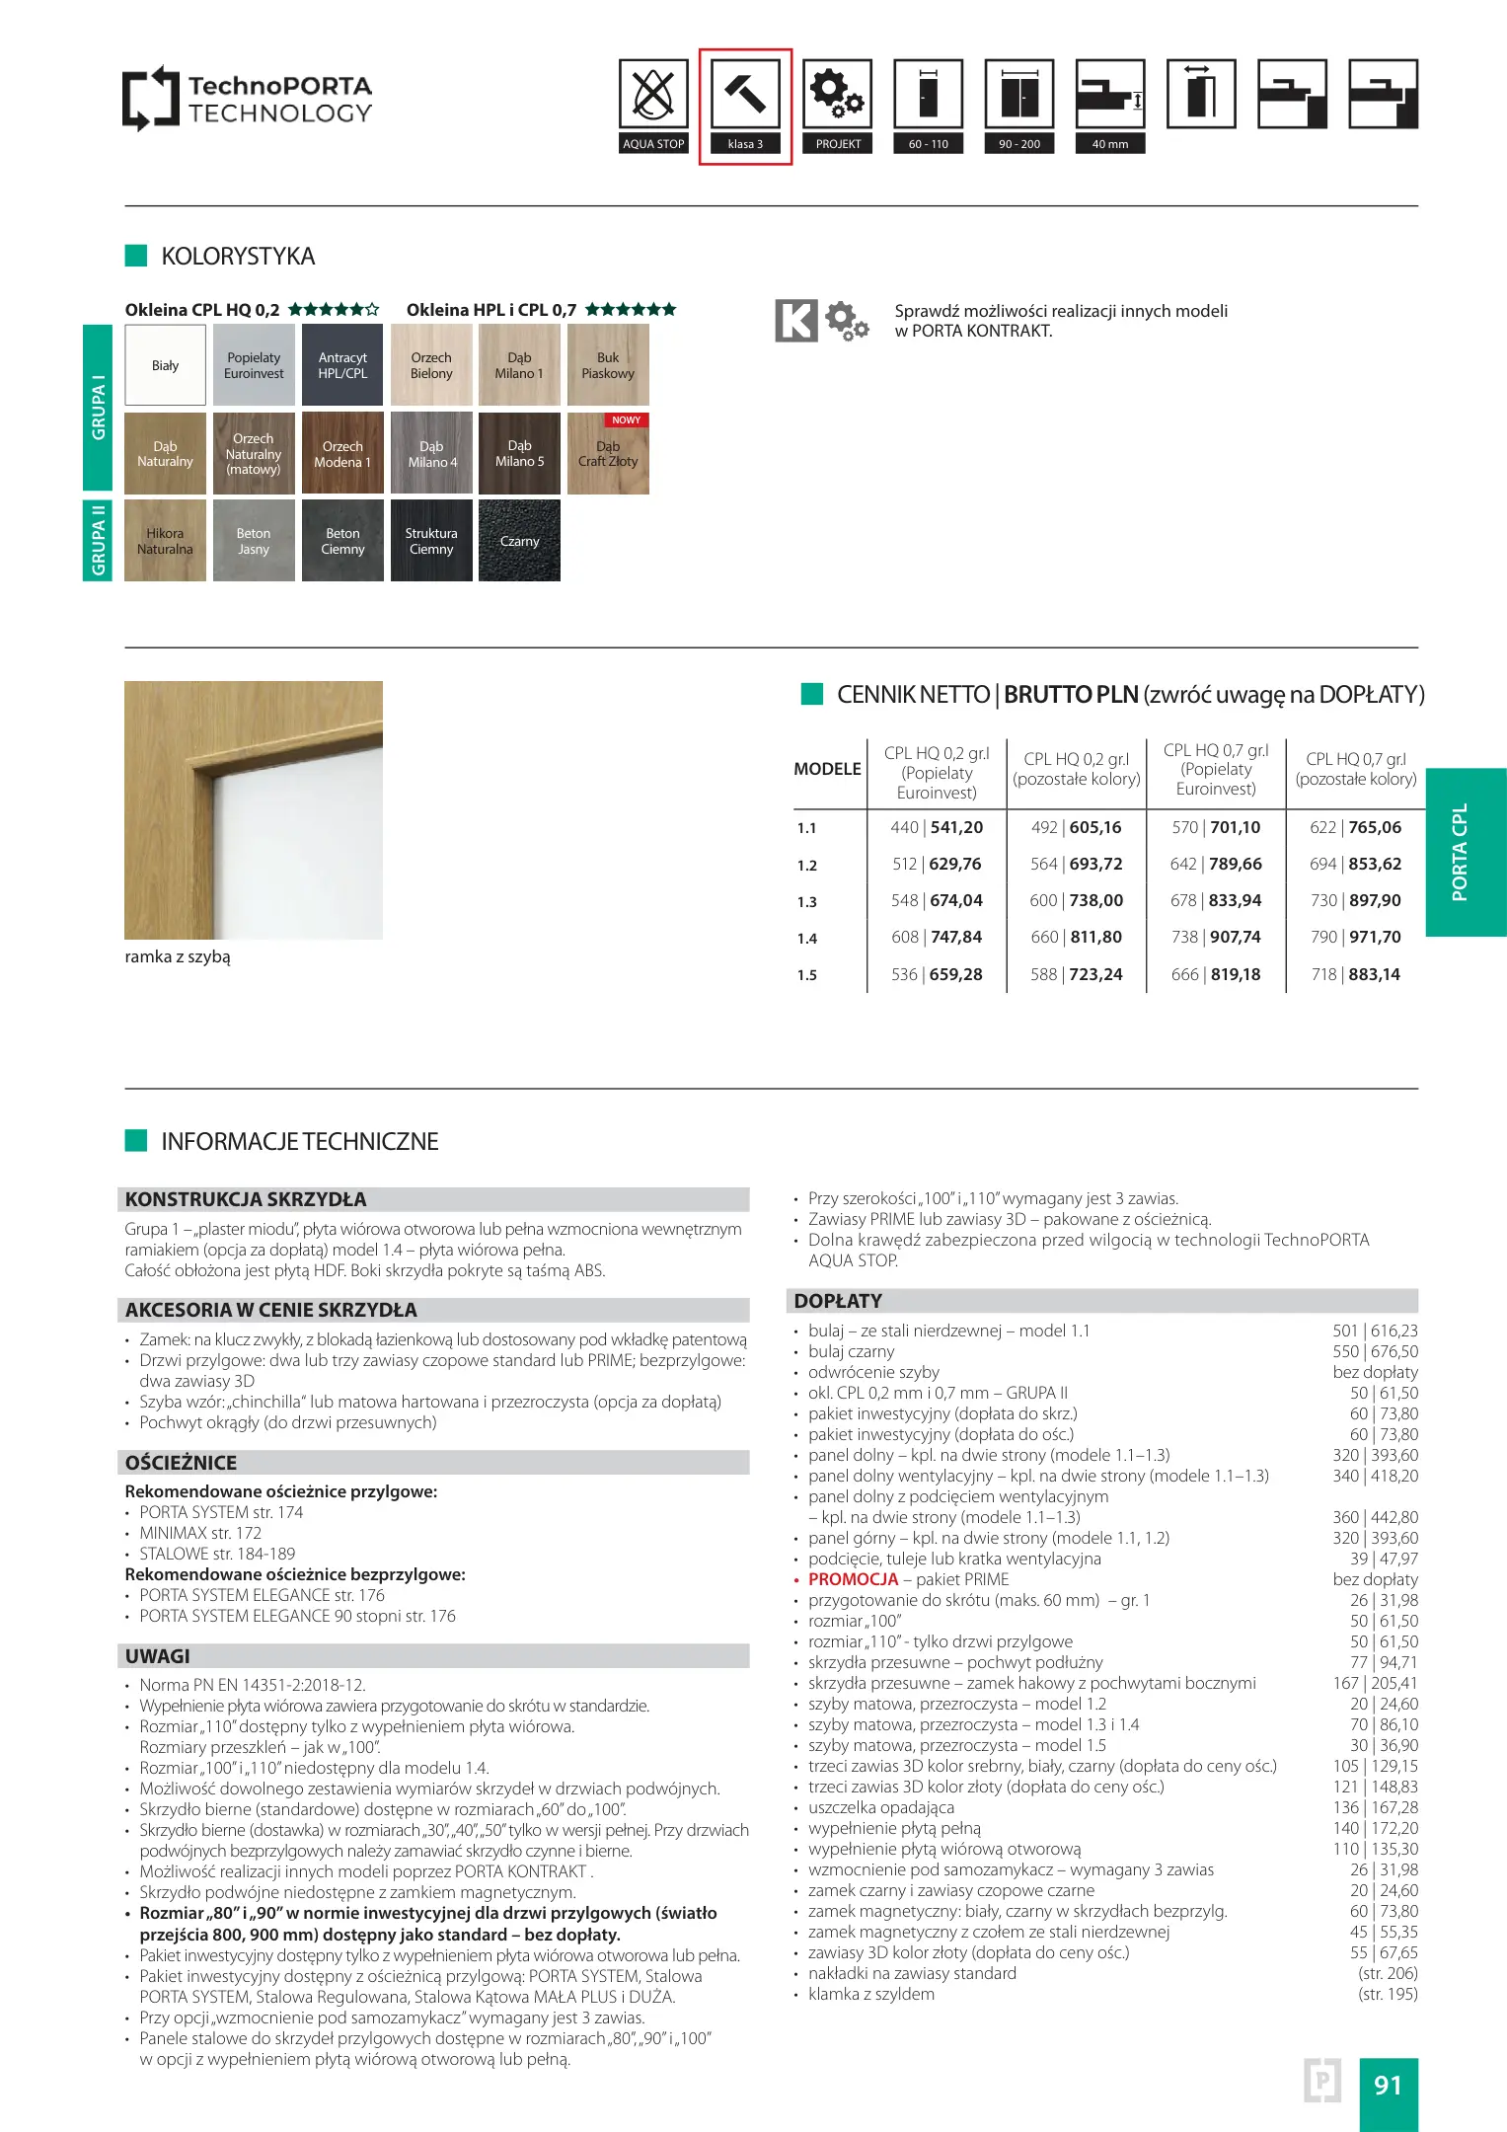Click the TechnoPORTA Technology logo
click(x=248, y=99)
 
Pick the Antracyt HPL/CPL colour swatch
click(x=342, y=365)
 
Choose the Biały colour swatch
click(x=165, y=365)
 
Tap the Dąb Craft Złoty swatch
click(x=608, y=454)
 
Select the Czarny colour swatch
click(x=519, y=541)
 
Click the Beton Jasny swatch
click(x=254, y=541)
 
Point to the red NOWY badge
click(x=627, y=420)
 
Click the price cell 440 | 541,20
click(x=936, y=828)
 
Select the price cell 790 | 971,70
click(x=1355, y=938)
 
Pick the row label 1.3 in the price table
click(x=807, y=902)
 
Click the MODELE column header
click(x=827, y=769)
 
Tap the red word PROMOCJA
click(x=853, y=1579)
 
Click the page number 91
click(x=1388, y=2085)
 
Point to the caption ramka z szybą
click(x=178, y=956)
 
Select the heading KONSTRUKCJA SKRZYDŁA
click(x=246, y=1199)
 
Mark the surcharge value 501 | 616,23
click(x=1375, y=1331)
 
